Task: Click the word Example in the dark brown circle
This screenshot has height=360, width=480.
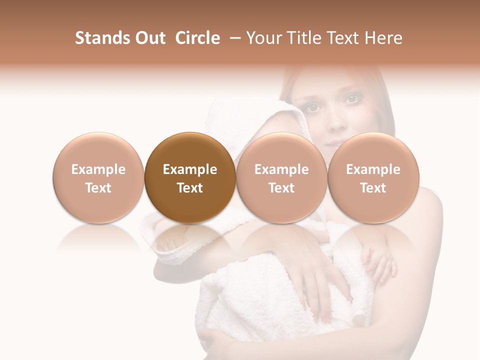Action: coord(190,169)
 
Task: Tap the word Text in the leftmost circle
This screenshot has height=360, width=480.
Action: coord(98,188)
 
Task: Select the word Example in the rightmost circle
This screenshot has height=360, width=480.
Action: coord(373,169)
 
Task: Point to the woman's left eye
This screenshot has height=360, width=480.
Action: coord(351,99)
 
